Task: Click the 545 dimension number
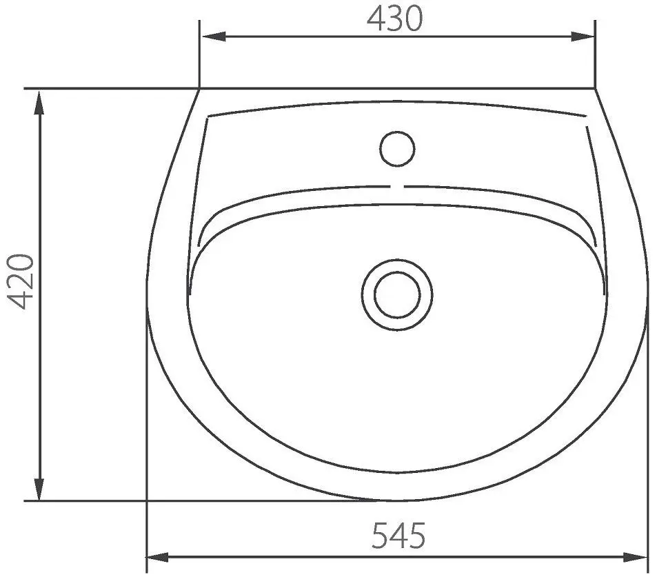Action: point(398,536)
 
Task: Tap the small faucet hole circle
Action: point(397,148)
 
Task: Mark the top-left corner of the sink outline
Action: point(199,89)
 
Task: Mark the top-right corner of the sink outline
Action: point(594,89)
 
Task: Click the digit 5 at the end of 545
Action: point(414,536)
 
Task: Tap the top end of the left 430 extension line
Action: point(199,21)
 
